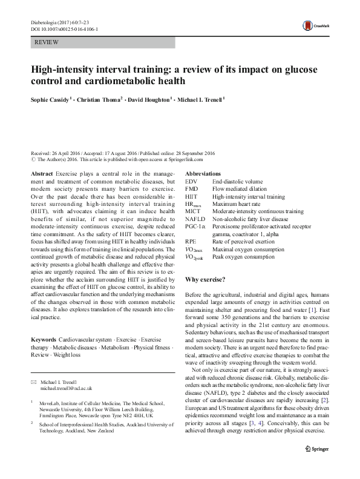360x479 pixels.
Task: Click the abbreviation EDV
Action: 191,181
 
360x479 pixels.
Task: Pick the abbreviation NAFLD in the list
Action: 194,220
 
